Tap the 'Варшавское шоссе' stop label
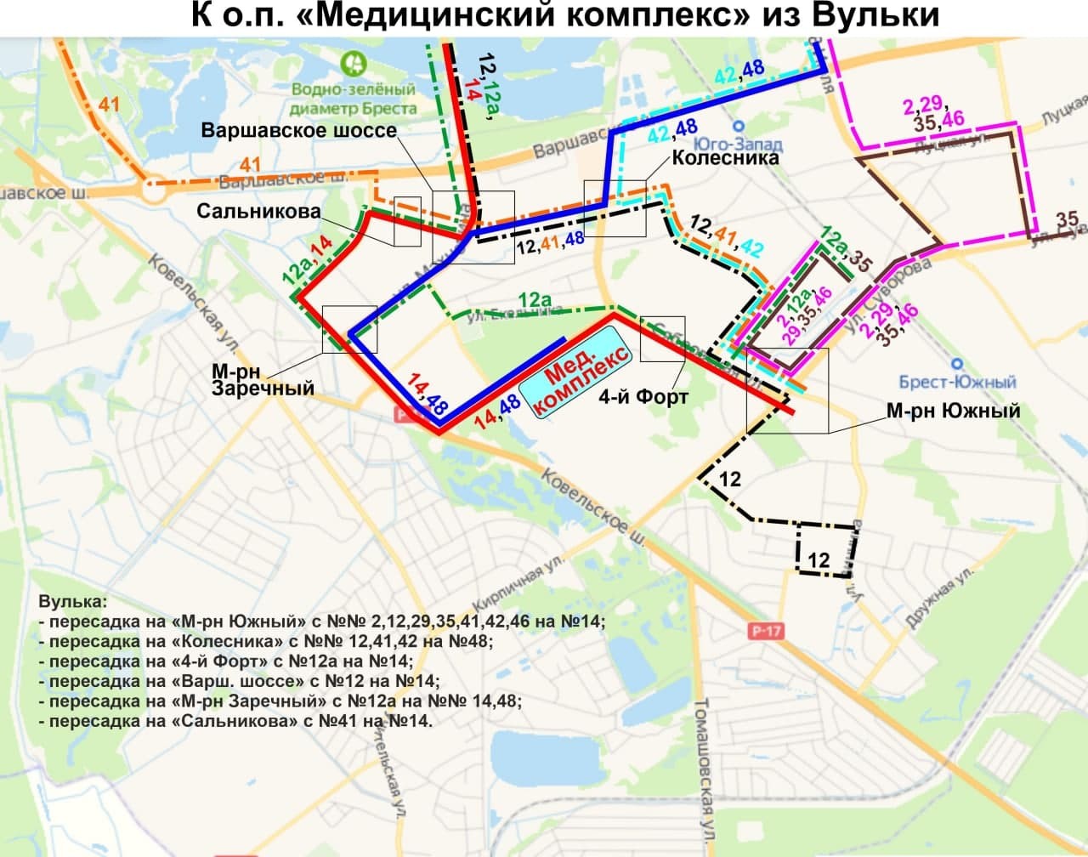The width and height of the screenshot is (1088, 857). (299, 130)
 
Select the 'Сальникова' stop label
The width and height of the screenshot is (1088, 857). (259, 210)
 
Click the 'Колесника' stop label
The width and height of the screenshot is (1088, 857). (725, 157)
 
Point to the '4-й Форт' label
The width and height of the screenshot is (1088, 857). (643, 397)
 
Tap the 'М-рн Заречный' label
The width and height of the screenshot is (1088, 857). (263, 379)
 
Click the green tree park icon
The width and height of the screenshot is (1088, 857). (352, 64)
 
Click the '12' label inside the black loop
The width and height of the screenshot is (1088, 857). (819, 560)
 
